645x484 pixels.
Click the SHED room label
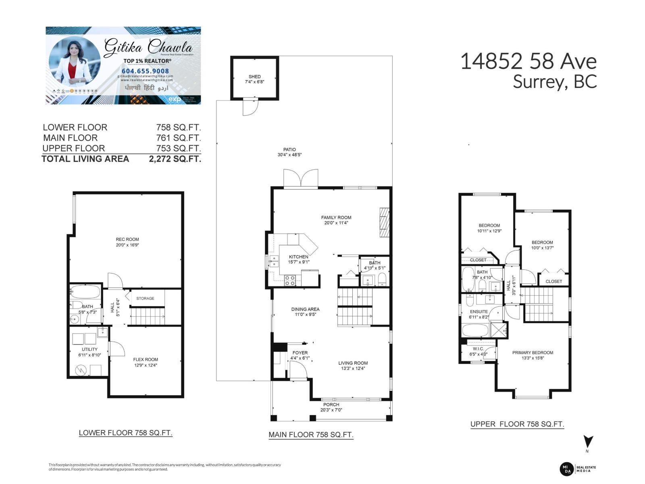254,76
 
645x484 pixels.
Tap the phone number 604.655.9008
146,71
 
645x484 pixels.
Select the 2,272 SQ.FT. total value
175,159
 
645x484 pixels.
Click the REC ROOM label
127,239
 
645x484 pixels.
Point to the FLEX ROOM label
146,359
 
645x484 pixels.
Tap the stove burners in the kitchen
289,280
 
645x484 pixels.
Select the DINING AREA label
305,309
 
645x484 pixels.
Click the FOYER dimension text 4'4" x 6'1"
300,358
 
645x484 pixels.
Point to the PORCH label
331,405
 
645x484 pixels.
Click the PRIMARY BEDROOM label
533,353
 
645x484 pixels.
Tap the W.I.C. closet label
478,349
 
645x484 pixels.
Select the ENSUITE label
479,312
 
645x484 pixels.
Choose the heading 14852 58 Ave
528,62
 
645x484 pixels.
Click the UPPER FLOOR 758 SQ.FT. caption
517,424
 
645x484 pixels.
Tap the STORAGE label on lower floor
145,298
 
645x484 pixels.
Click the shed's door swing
250,107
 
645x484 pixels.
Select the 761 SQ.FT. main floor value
179,138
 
